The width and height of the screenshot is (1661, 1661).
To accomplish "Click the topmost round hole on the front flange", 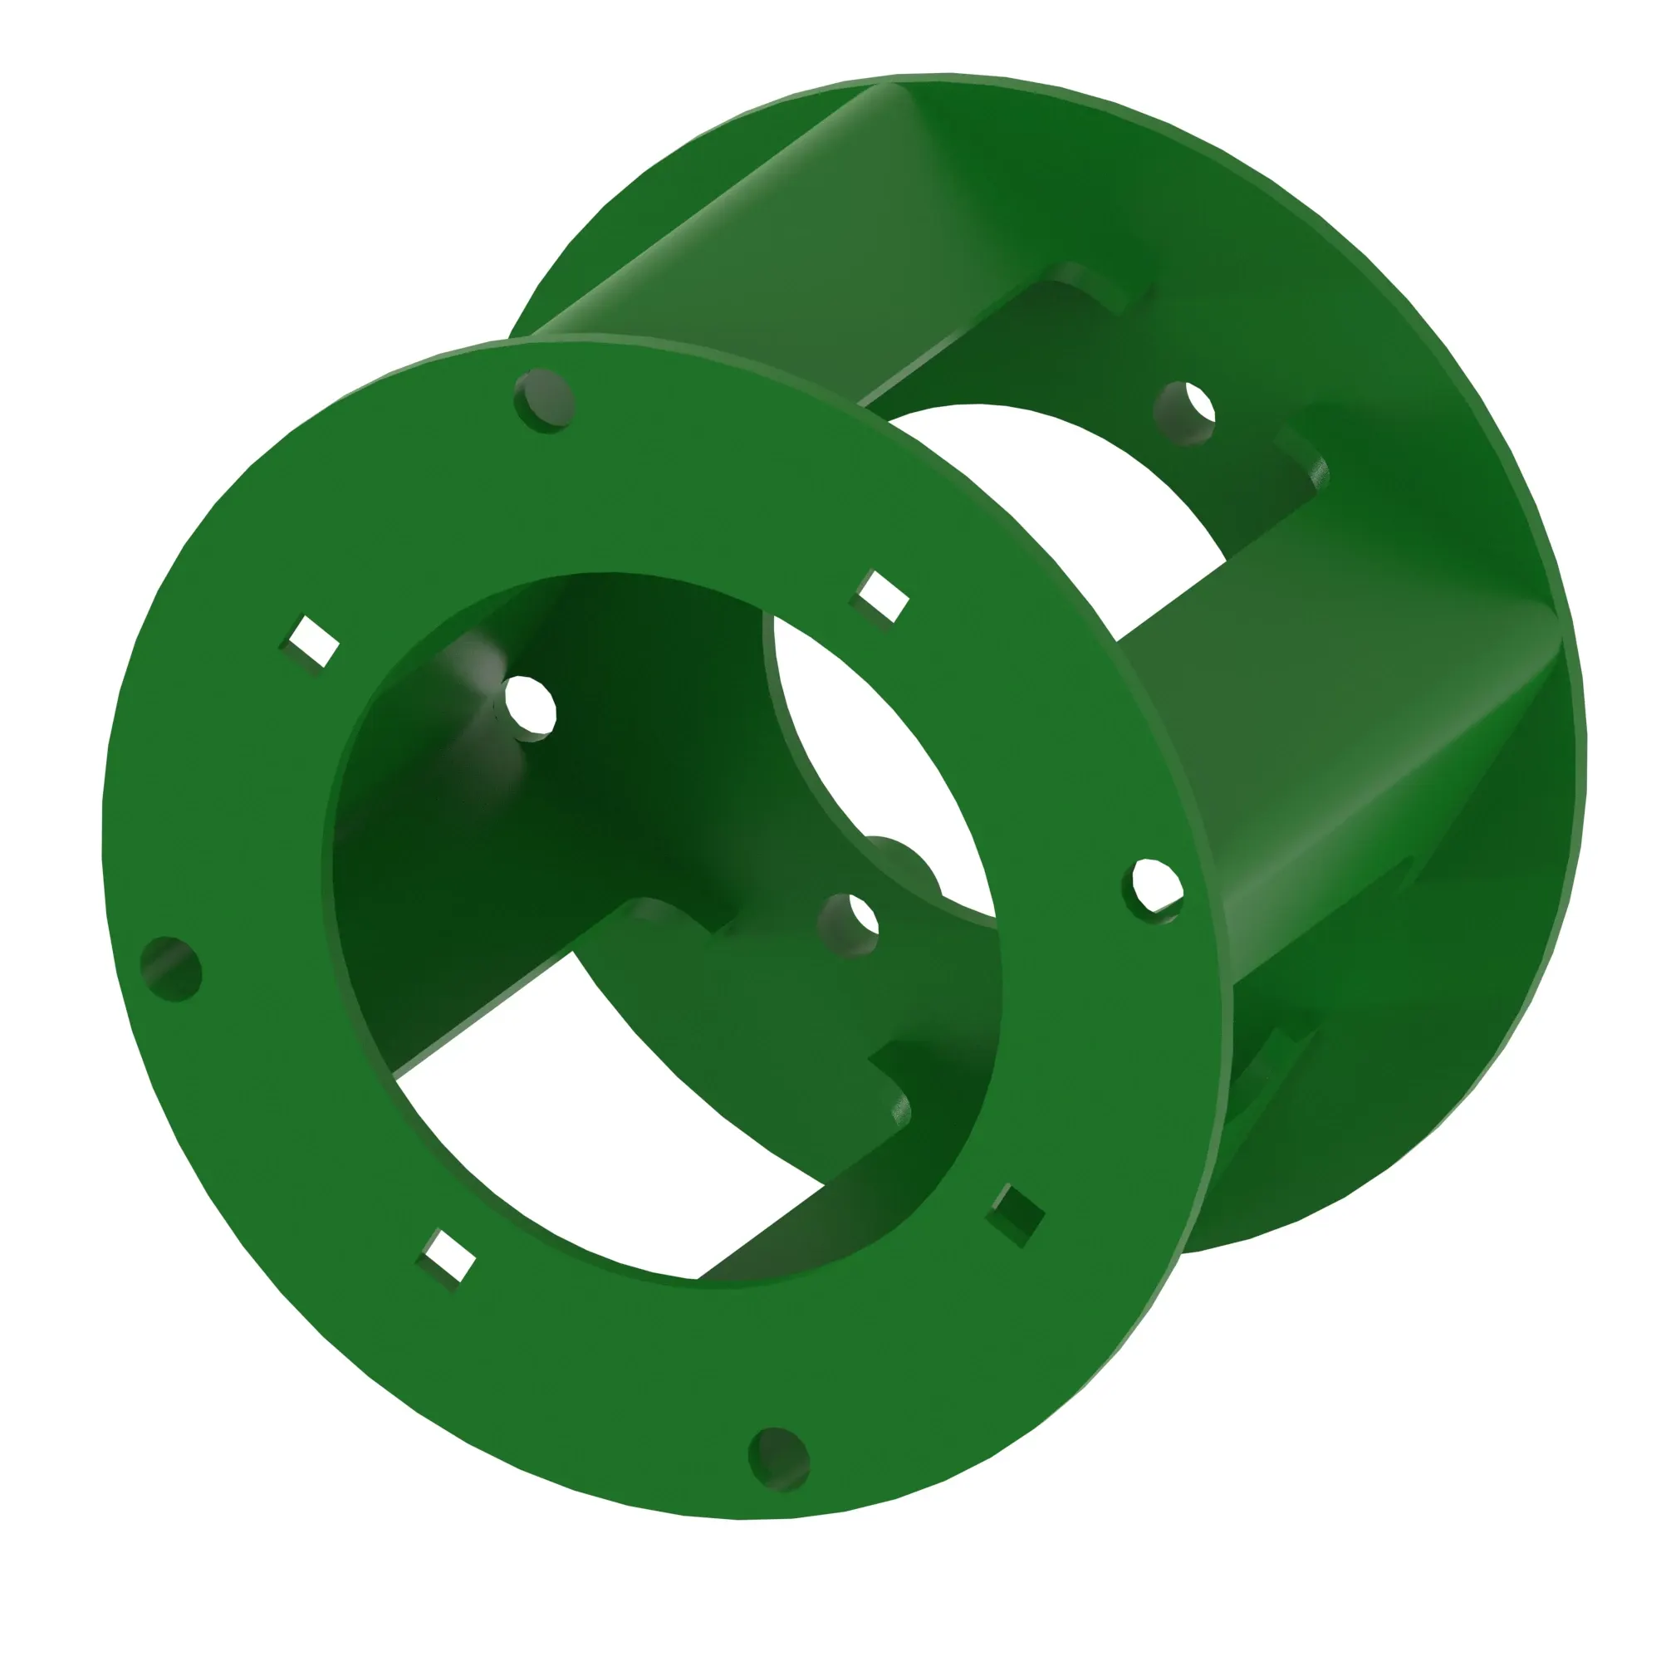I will click(x=544, y=399).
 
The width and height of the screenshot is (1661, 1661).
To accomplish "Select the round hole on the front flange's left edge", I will click(x=171, y=969).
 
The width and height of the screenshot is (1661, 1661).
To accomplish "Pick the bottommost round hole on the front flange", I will click(x=780, y=1458).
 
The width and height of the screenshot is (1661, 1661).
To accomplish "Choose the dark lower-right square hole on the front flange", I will click(x=1017, y=1215).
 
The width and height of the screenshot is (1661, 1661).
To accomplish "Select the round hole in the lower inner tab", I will click(x=850, y=925).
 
